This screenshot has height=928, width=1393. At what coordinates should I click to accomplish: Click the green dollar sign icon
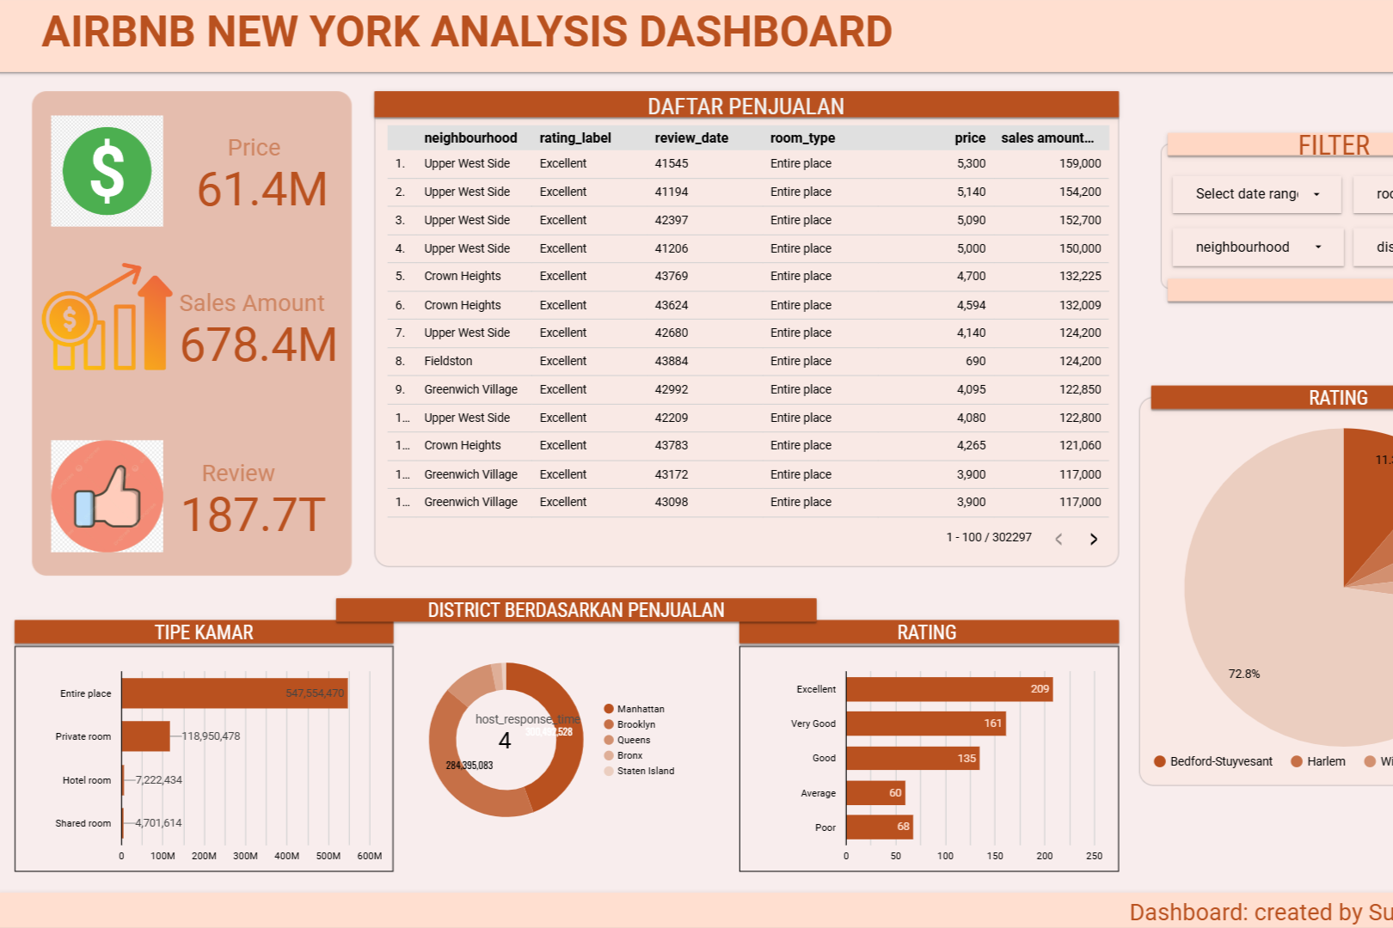click(107, 171)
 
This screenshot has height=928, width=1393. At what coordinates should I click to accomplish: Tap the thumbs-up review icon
click(107, 497)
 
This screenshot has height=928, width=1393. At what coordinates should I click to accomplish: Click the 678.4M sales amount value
click(258, 345)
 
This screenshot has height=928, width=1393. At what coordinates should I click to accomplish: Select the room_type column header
click(802, 137)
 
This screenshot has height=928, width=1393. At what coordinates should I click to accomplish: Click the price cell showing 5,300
click(971, 163)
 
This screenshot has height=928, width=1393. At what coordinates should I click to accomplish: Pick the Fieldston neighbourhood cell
click(448, 361)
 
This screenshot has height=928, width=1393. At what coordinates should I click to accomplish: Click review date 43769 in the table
click(671, 276)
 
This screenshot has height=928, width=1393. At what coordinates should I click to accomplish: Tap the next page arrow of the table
click(1094, 539)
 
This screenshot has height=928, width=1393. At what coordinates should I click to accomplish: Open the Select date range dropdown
click(1256, 194)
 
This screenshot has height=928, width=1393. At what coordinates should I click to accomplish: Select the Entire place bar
click(234, 693)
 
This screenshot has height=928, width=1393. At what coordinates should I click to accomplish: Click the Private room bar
click(145, 736)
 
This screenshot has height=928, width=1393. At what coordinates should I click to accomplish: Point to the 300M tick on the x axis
click(245, 856)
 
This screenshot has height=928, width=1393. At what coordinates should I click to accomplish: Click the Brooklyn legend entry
click(635, 724)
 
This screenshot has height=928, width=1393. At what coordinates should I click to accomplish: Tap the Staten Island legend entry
click(645, 771)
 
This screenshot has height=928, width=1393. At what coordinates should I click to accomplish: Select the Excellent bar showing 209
click(948, 689)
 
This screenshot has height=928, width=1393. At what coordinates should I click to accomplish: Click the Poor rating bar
click(879, 827)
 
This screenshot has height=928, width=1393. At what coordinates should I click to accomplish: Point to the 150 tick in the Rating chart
click(995, 856)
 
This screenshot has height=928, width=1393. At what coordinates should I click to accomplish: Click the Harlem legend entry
click(1325, 761)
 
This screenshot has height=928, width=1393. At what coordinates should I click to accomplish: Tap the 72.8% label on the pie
click(1243, 674)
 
